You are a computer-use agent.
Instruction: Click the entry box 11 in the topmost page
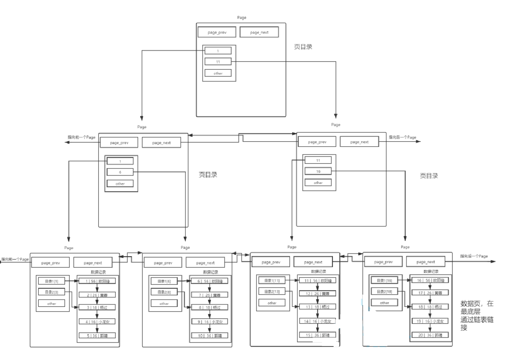[218, 62]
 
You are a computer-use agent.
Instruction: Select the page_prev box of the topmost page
[217, 32]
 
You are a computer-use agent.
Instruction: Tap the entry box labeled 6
[120, 172]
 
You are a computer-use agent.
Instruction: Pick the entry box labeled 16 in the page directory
[318, 171]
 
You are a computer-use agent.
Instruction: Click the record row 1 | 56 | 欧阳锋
[97, 281]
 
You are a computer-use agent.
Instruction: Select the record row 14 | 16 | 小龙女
[317, 321]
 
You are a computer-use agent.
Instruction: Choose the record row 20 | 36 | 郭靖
[430, 335]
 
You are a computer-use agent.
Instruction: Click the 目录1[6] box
[164, 281]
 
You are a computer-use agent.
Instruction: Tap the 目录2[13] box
[272, 291]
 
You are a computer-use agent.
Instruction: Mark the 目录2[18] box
[384, 291]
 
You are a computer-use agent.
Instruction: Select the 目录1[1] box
[51, 281]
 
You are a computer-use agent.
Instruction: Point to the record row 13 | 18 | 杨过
[317, 307]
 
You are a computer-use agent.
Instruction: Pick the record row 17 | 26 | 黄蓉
[430, 293]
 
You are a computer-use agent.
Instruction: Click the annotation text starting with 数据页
[477, 315]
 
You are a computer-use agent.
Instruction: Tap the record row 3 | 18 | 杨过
[97, 307]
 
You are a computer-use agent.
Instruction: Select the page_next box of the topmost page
[259, 32]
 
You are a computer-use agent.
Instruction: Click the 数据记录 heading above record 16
[431, 271]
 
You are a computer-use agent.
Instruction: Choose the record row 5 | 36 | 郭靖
[97, 336]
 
